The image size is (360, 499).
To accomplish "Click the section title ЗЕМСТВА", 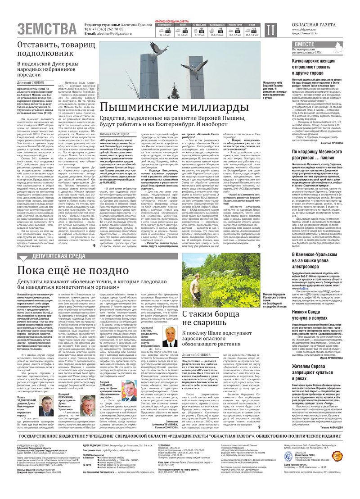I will (47, 29).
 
